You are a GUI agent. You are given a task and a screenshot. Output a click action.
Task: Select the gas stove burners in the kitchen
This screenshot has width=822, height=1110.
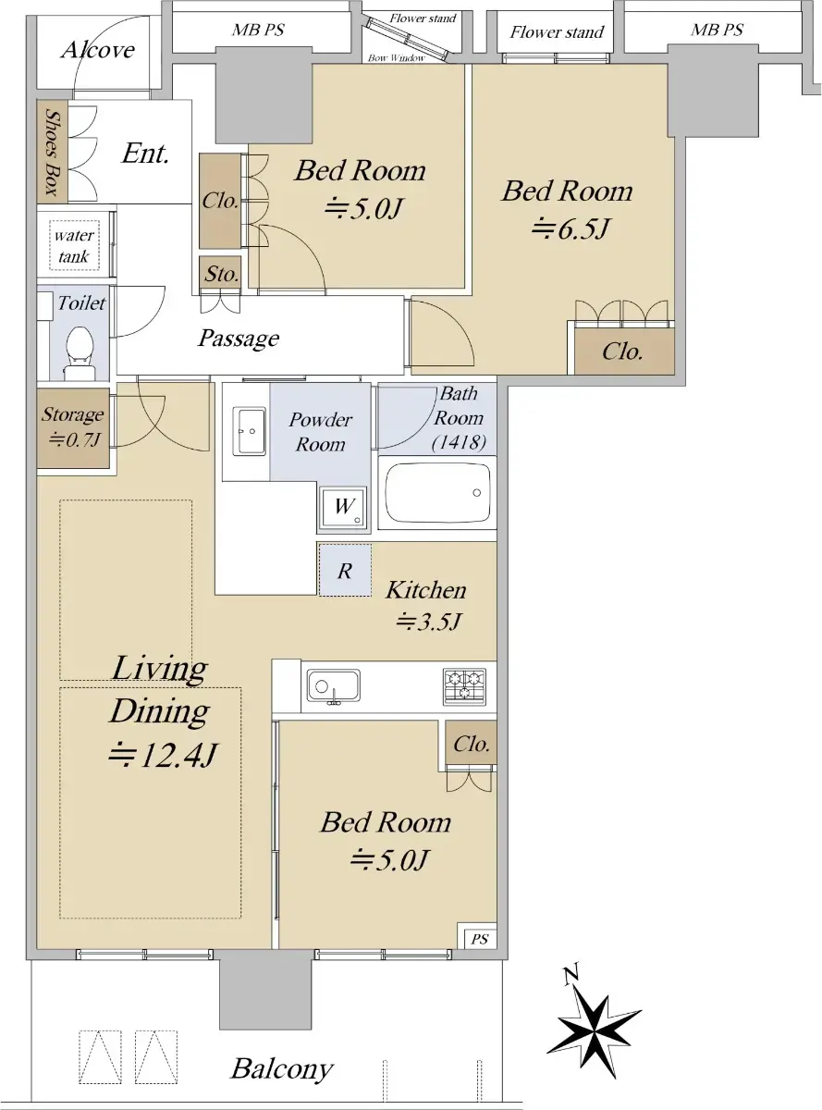[x=464, y=686]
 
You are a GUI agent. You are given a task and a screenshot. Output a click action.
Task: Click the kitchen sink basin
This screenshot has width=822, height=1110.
[x=333, y=685]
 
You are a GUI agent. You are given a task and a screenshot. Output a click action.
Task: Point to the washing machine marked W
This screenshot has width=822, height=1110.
[x=344, y=508]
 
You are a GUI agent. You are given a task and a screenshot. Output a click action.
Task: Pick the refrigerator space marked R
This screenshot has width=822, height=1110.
[x=345, y=570]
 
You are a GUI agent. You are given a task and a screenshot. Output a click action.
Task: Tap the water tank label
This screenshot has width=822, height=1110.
[x=74, y=246]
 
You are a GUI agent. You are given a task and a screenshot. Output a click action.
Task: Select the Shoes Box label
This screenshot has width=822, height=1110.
[x=52, y=152]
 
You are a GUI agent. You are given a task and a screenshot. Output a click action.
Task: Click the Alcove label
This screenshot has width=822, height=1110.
[x=98, y=50]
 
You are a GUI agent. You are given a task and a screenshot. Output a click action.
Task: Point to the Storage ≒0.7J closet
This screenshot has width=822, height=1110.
[x=73, y=428]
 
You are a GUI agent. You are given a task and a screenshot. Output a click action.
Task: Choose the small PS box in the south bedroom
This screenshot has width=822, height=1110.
[x=478, y=939]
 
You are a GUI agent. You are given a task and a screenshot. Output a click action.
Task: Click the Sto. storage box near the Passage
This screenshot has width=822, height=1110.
[x=221, y=274]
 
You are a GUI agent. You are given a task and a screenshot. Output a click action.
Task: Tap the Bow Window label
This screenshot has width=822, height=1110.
[x=397, y=58]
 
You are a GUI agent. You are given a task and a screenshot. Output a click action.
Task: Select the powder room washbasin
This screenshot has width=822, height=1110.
[x=249, y=431]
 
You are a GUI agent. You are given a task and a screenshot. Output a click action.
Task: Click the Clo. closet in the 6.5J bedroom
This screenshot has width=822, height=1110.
[x=624, y=351]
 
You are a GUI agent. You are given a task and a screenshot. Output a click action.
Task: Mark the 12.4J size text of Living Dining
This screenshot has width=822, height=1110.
[x=162, y=755]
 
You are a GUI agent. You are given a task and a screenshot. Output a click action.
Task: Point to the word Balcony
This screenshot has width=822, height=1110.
[x=282, y=1069]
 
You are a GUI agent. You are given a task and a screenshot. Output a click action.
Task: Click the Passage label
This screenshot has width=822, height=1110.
[x=239, y=338]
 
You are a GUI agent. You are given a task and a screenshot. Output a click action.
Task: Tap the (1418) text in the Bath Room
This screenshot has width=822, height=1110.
[x=459, y=442]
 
